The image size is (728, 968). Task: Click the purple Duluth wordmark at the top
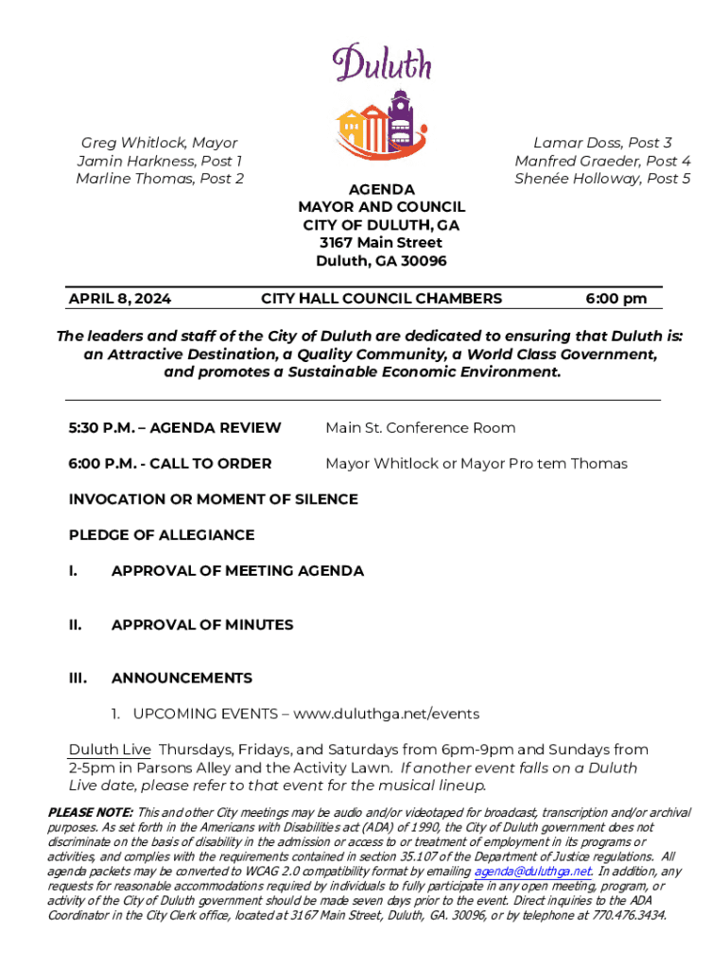click(x=382, y=63)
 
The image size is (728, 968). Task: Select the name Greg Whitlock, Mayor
click(x=159, y=143)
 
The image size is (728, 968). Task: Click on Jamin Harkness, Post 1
click(x=160, y=161)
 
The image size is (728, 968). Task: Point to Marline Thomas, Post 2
click(x=160, y=179)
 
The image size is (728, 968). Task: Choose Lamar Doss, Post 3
click(x=602, y=143)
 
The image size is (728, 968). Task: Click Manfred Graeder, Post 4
click(x=602, y=161)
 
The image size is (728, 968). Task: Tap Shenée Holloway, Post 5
click(x=602, y=179)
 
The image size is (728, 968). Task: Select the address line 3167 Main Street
click(x=381, y=243)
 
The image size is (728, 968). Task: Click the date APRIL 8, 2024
click(x=120, y=299)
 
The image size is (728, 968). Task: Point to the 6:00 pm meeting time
click(x=615, y=299)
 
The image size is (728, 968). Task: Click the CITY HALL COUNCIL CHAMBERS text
click(x=381, y=299)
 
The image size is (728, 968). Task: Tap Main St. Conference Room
click(x=421, y=428)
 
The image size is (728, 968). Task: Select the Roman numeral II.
click(x=76, y=625)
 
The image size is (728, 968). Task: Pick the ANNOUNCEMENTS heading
click(x=182, y=678)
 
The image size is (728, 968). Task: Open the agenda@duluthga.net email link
click(x=532, y=871)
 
